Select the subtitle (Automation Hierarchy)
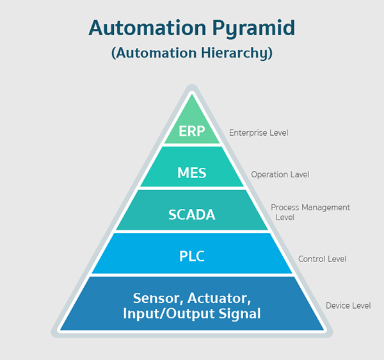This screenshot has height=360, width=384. point(192,53)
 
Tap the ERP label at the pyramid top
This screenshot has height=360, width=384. point(191,131)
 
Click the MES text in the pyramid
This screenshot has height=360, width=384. point(191,173)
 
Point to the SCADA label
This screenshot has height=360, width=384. point(191,215)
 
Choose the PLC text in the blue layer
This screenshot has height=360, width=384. point(191,257)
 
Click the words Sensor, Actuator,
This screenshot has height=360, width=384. point(191,298)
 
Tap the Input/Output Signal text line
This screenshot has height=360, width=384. point(191,314)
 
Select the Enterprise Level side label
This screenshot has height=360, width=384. point(259,133)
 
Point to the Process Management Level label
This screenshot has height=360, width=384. point(310,212)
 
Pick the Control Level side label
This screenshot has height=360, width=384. point(322,259)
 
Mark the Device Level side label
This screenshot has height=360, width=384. point(348,306)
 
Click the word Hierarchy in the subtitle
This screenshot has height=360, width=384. point(239,53)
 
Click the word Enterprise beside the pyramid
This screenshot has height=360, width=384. point(248,133)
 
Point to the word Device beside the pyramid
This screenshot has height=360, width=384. point(337,306)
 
